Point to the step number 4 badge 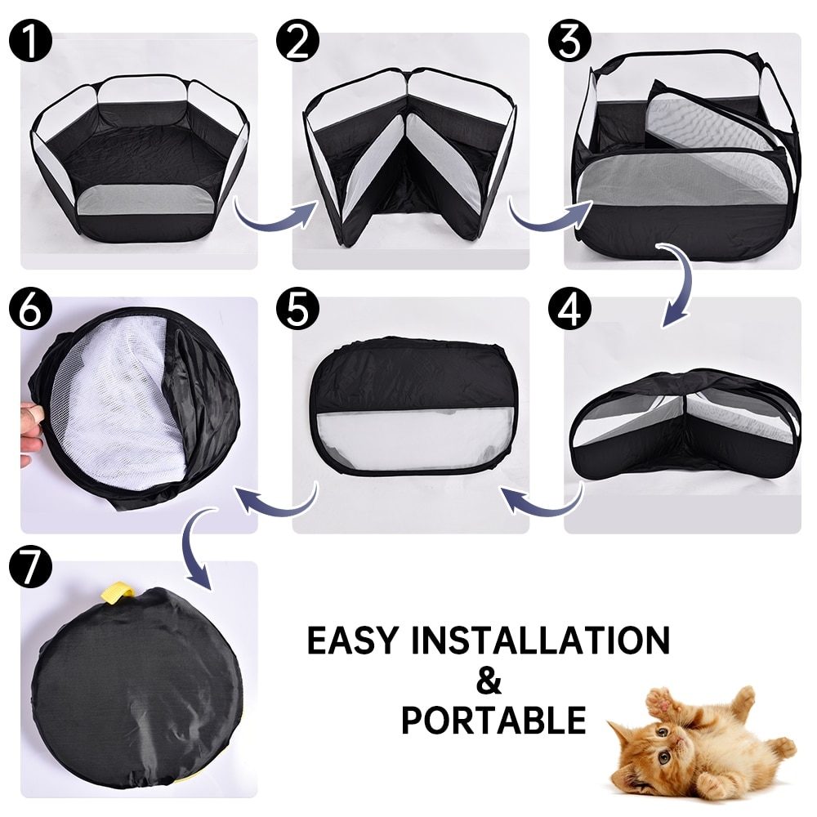(x=569, y=308)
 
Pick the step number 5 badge (x=298, y=308)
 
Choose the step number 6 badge (x=29, y=308)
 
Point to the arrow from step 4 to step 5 (x=543, y=500)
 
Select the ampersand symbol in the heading (x=488, y=680)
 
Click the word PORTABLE (x=493, y=720)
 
